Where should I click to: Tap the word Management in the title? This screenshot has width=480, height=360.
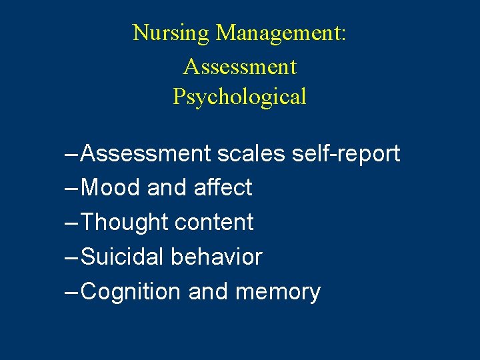coord(281,33)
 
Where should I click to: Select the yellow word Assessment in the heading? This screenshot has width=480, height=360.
coord(239,67)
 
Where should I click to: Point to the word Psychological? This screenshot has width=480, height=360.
coord(239,97)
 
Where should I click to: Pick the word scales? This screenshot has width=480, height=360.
coord(252,154)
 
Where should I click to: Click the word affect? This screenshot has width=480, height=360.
coord(223,188)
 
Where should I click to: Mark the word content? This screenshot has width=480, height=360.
coord(213,223)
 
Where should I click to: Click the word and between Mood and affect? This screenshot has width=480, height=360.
coord(167,188)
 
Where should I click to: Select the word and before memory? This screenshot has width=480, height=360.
coord(208,292)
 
